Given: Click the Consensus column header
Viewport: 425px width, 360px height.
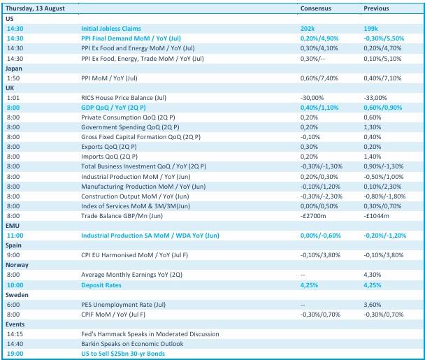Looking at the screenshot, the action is pyautogui.click(x=316, y=8).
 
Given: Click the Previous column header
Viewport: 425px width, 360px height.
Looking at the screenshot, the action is pyautogui.click(x=376, y=8).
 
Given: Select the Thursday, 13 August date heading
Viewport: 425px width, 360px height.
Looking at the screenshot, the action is pyautogui.click(x=35, y=8).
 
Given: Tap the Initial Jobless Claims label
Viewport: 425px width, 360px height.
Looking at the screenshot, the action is pyautogui.click(x=111, y=29).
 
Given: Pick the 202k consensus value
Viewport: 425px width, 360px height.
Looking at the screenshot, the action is pyautogui.click(x=308, y=29).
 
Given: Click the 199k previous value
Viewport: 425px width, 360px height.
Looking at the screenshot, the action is pyautogui.click(x=370, y=29).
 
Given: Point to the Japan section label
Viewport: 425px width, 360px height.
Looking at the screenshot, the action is pyautogui.click(x=14, y=69).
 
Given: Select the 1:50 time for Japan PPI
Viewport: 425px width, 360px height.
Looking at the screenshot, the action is pyautogui.click(x=13, y=78).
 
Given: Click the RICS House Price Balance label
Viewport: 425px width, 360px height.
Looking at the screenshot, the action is pyautogui.click(x=124, y=98).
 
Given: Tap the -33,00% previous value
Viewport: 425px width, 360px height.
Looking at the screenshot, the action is pyautogui.click(x=375, y=98).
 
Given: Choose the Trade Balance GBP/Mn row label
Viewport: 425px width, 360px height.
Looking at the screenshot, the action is pyautogui.click(x=122, y=216).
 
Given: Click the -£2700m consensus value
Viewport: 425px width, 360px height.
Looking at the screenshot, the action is pyautogui.click(x=313, y=216).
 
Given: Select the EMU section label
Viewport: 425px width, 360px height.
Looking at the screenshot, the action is pyautogui.click(x=13, y=226).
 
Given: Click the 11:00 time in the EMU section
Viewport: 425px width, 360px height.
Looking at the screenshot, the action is pyautogui.click(x=15, y=236).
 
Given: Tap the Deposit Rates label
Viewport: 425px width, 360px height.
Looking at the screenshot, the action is pyautogui.click(x=101, y=285).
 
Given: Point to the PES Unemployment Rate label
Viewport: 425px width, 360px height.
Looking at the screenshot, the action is pyautogui.click(x=123, y=305).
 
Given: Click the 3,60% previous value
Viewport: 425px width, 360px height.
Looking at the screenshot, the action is pyautogui.click(x=373, y=305).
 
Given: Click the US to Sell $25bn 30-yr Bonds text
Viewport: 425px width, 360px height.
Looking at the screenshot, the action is pyautogui.click(x=123, y=354).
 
